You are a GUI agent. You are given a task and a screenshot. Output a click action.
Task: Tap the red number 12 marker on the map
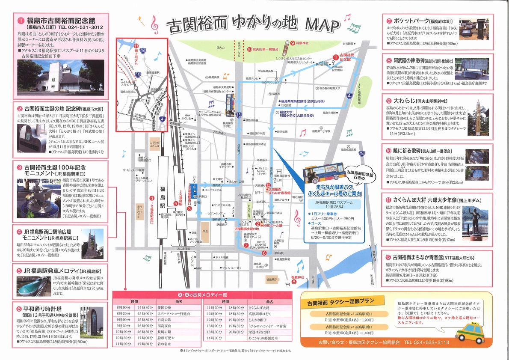coord(267,185)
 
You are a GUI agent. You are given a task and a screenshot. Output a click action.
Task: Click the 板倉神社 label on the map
coord(298,277)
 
